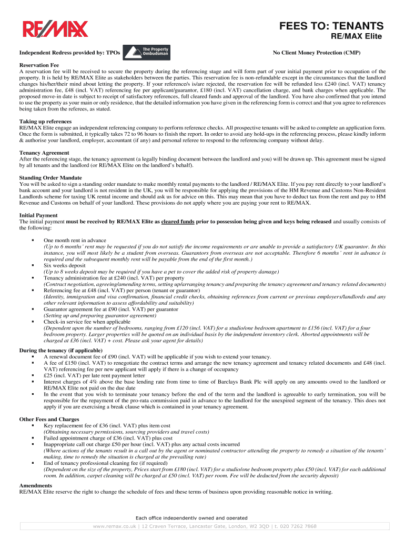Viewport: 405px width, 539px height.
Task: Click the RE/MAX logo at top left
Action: (x=55, y=29)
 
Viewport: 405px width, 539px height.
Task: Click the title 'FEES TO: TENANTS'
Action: (x=331, y=26)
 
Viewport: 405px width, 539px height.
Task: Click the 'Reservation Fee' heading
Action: (x=39, y=65)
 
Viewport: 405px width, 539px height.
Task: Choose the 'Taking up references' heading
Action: (x=46, y=122)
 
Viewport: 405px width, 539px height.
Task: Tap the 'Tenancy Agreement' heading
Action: (x=44, y=153)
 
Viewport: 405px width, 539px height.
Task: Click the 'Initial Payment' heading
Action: (x=38, y=215)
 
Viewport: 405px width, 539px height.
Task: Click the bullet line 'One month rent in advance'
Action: (x=75, y=240)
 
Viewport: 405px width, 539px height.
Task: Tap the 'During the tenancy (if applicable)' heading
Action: (x=61, y=350)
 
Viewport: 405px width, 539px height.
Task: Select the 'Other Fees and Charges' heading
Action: (x=49, y=420)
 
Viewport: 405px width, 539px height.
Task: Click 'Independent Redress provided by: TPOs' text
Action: (x=70, y=53)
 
